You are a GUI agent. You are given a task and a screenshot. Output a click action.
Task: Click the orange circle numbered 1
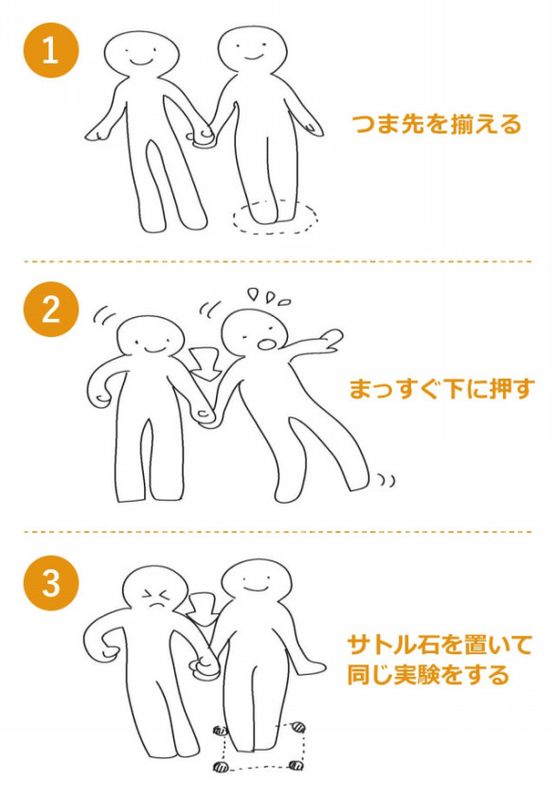coord(51,50)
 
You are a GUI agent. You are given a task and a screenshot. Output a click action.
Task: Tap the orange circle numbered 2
coord(51,309)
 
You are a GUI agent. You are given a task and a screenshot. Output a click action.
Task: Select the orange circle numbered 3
coord(51,583)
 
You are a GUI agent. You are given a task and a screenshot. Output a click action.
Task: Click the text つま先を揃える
coord(437,124)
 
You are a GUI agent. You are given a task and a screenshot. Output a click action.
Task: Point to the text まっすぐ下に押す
coord(441,389)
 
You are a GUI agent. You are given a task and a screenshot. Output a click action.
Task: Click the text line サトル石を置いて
coord(439,645)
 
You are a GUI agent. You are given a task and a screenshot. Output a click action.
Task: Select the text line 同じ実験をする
coord(429,674)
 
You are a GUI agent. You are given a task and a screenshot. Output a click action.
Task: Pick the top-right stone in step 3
coord(298,728)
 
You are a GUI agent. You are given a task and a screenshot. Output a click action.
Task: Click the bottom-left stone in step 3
coord(221,767)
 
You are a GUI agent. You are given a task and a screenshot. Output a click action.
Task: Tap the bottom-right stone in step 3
coord(295,765)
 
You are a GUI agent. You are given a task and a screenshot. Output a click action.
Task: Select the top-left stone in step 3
coord(220,732)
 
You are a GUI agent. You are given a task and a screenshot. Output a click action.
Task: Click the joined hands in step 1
coord(203,137)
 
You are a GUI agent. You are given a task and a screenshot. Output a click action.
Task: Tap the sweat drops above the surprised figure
coord(269,296)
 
